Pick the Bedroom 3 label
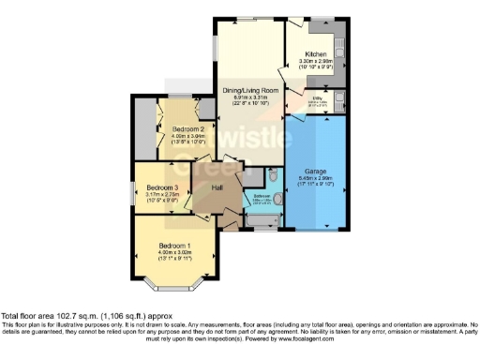click(162, 189)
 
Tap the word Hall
click(217, 188)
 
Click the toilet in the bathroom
click(274, 175)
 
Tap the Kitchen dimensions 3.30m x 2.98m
click(314, 63)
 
